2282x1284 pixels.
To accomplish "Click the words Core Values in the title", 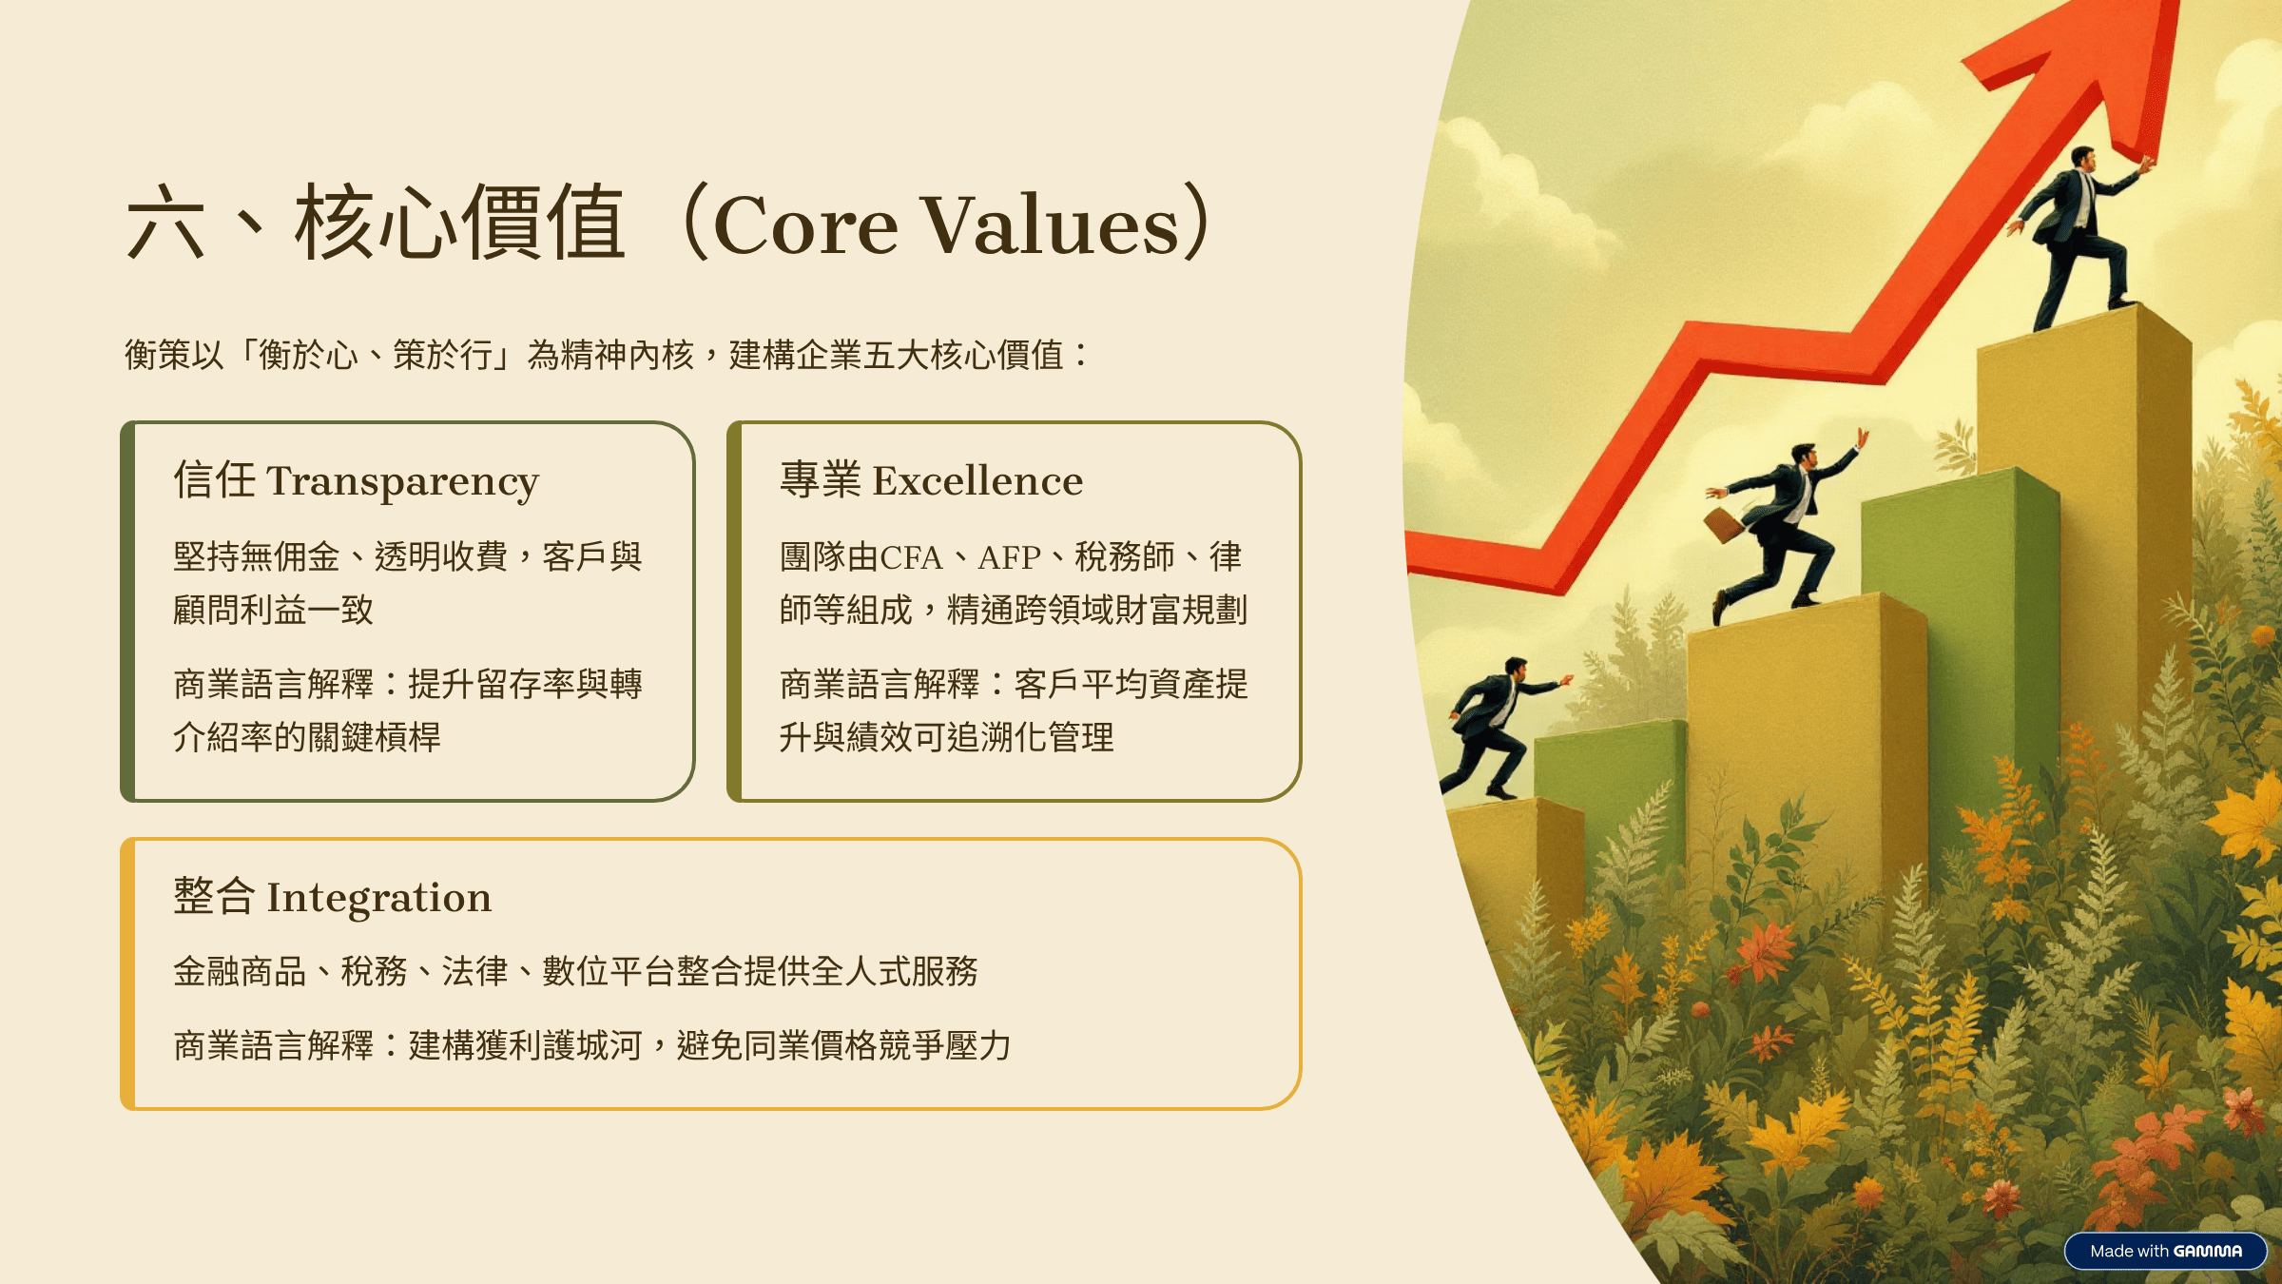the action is click(x=946, y=225).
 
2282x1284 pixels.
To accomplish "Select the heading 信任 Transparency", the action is click(x=356, y=480).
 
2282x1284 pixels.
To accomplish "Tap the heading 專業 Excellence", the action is click(x=931, y=480).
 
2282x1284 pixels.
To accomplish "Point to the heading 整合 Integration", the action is click(x=332, y=897).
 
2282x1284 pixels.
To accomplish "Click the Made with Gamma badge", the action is click(x=2165, y=1251).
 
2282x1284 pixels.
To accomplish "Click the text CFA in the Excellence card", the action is click(x=911, y=557).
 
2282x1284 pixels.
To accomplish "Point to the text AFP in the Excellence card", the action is click(x=1009, y=557).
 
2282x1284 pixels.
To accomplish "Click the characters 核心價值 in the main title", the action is click(x=459, y=224).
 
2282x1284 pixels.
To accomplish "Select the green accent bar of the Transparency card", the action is click(x=128, y=612).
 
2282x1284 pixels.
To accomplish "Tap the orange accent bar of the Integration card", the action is click(x=128, y=974).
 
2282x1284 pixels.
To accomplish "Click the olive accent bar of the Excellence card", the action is click(x=734, y=612).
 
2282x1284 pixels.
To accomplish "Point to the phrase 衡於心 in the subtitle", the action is click(x=308, y=356).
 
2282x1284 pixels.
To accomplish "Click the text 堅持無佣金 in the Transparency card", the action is click(x=256, y=557).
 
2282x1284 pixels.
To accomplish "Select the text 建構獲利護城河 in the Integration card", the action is click(x=526, y=1046).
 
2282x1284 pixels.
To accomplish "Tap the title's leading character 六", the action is click(x=165, y=224).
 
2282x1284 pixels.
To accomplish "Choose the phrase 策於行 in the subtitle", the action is click(x=442, y=356).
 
